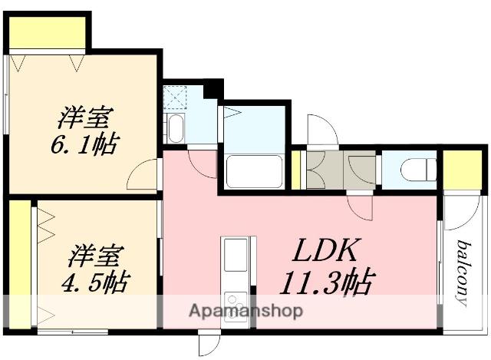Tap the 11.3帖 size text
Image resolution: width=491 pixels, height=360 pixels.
(327, 281)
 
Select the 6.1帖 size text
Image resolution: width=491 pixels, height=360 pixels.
(84, 144)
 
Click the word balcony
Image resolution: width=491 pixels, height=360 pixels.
(464, 272)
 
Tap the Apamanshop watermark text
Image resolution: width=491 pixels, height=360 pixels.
(246, 311)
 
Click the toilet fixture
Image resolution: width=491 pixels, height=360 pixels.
(418, 170)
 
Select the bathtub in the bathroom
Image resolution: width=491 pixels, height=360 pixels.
(254, 171)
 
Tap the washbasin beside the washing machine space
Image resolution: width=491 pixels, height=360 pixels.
(175, 128)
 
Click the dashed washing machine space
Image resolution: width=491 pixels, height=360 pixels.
(175, 97)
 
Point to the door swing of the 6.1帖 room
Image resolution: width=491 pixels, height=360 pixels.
(141, 175)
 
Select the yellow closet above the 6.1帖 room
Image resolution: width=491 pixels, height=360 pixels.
(48, 32)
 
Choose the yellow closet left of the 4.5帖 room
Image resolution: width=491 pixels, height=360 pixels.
(20, 264)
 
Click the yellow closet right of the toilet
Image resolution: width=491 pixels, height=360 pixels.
(462, 170)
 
